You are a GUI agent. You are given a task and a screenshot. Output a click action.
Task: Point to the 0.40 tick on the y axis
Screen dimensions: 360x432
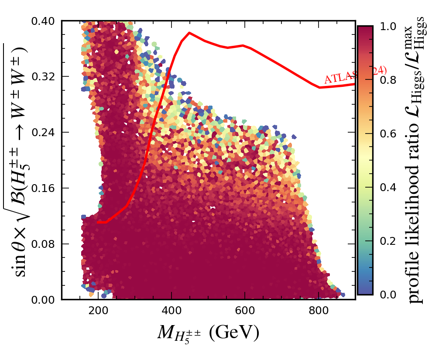tap(46, 21)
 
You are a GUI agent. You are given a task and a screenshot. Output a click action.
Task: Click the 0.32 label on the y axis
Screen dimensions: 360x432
tap(46, 77)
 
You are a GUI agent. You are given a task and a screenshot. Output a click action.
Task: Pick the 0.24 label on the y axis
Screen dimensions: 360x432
tap(46, 132)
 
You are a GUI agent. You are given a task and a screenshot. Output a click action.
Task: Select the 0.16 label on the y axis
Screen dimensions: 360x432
tap(46, 188)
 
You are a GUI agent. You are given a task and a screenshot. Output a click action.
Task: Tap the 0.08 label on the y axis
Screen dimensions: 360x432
tap(46, 244)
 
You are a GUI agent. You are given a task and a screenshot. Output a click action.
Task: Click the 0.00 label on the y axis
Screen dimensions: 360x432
tap(46, 300)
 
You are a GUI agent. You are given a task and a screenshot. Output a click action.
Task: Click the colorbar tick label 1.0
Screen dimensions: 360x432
tap(388, 27)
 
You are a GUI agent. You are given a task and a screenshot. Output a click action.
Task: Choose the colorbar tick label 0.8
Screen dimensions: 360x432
tap(388, 80)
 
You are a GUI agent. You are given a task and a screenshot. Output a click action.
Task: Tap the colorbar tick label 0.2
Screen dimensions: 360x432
tap(388, 241)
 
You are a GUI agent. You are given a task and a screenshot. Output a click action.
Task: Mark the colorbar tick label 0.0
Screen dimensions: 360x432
tap(388, 295)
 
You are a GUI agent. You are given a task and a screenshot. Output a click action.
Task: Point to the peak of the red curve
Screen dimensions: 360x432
tap(189, 33)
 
